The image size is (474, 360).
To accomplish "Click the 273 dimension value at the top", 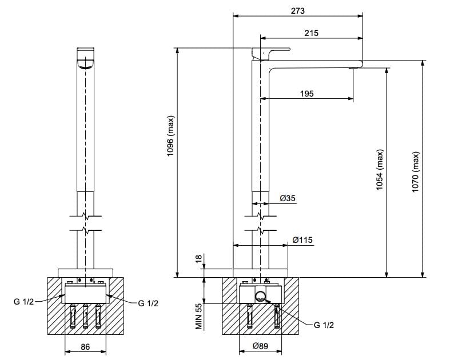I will click(x=297, y=11).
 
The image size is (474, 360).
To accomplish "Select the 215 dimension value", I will click(x=311, y=33).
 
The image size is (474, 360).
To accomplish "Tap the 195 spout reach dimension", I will click(x=306, y=93).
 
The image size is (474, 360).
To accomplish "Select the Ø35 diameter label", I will click(x=288, y=198).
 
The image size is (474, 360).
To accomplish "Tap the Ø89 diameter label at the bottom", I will click(x=261, y=346).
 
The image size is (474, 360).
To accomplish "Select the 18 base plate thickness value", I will click(x=199, y=259).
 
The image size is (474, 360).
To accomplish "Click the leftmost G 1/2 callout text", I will click(x=24, y=302).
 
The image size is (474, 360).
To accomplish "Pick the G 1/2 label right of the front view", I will click(x=148, y=303).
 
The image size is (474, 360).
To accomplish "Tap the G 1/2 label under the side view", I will click(x=324, y=325).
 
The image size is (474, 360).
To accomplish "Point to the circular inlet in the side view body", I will click(x=260, y=296).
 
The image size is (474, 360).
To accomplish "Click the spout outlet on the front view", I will click(x=86, y=65).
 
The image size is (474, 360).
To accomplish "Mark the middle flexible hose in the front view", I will click(x=86, y=315).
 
